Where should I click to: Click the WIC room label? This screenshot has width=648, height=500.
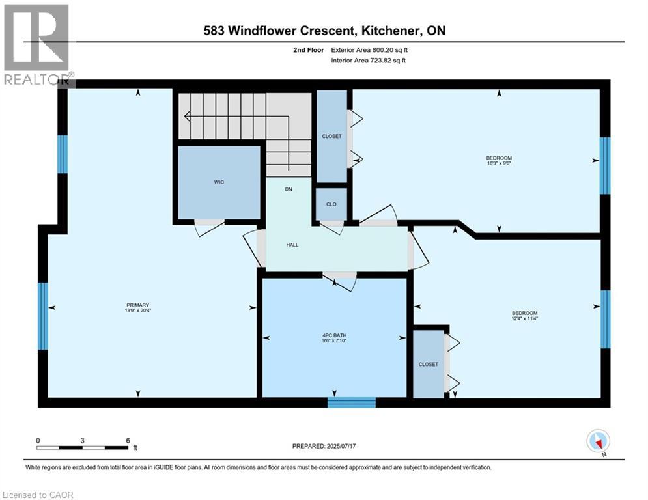[x=219, y=182]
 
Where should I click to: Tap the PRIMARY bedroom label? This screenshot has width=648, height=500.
[x=138, y=305]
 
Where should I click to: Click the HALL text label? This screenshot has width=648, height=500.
[x=292, y=245]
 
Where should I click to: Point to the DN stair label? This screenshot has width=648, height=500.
[x=288, y=190]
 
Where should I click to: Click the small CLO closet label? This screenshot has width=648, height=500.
[x=331, y=204]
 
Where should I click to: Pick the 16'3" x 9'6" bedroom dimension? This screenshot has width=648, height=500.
[x=499, y=164]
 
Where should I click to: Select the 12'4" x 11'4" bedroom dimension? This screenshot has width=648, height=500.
[x=524, y=319]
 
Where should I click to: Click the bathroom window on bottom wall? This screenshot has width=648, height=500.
[x=352, y=402]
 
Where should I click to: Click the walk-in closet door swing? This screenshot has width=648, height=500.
[x=209, y=222]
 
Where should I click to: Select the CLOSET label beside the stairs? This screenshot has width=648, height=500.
[x=331, y=136]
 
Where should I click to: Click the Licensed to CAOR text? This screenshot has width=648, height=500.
[x=38, y=495]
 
